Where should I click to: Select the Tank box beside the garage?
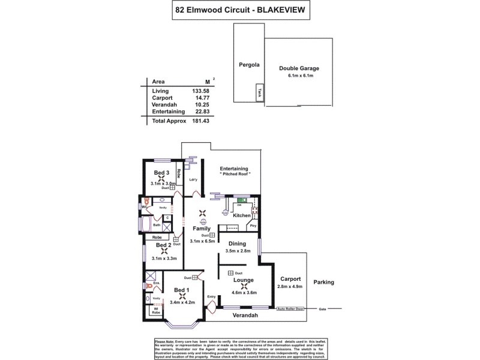click(259, 94)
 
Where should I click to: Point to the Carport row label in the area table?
click(163, 97)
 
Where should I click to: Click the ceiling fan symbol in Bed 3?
click(161, 179)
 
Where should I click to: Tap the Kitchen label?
click(241, 215)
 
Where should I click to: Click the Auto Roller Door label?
click(290, 309)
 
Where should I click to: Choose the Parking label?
click(323, 282)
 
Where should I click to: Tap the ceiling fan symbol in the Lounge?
click(244, 286)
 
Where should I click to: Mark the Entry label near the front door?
click(211, 296)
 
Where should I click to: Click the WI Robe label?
click(155, 311)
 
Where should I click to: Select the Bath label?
click(157, 225)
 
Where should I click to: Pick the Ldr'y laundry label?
click(193, 180)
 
